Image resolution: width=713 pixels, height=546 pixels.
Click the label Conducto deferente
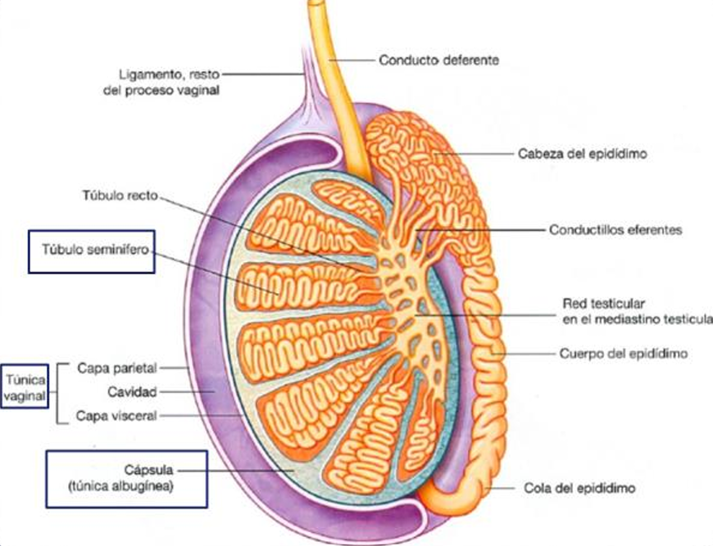pos(438,60)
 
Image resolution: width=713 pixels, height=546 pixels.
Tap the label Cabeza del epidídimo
pos(583,154)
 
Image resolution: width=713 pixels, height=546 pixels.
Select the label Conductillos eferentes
pos(615,230)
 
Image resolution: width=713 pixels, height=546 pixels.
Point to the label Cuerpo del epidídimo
pos(624,354)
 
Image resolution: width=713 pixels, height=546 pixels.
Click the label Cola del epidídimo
pos(579,489)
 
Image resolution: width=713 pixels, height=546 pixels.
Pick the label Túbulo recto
pos(120,196)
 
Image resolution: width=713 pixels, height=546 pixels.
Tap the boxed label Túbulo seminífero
pos(96,250)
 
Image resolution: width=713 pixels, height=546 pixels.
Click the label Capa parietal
pos(117,368)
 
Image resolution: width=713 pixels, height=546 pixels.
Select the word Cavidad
pos(132,391)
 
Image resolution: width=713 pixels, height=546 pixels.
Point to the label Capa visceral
pos(116,416)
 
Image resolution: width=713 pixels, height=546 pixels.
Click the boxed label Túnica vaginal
pos(25,387)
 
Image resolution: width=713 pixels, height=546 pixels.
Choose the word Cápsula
pos(148,469)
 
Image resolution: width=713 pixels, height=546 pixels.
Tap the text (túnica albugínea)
pos(121,486)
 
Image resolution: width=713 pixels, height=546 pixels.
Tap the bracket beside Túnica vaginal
pos(59,394)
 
